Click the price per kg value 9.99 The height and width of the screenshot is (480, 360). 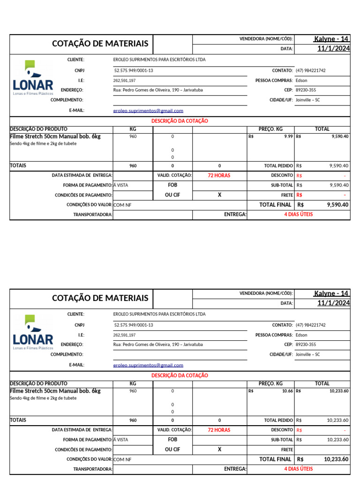pos(288,136)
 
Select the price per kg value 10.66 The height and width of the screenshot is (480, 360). pos(286,391)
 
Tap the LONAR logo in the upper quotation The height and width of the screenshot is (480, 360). pos(33,78)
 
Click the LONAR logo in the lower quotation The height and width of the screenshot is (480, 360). pos(33,333)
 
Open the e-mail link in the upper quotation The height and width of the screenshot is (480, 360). pos(148,111)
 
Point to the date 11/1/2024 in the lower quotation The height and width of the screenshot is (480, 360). pos(333,303)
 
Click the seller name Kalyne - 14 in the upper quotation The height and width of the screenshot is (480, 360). pos(331,39)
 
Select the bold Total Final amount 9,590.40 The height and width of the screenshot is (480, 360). pos(337,205)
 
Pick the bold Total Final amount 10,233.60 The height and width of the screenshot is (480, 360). pos(336,459)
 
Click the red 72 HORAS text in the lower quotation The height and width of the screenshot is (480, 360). pos(219,430)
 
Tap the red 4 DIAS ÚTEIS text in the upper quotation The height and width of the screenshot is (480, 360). pos(298,215)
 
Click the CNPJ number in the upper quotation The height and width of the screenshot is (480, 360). pos(134,70)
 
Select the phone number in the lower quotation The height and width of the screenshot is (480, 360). pos(310,325)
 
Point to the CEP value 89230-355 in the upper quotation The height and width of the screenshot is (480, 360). pos(306,90)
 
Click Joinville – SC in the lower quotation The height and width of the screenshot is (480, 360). pos(307,354)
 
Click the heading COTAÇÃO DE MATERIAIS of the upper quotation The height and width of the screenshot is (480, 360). pos(100,44)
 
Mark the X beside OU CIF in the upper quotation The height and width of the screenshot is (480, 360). pos(219,195)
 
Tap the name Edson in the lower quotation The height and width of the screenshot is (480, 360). pos(301,335)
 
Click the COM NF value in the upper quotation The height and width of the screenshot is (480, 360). pos(122,205)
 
